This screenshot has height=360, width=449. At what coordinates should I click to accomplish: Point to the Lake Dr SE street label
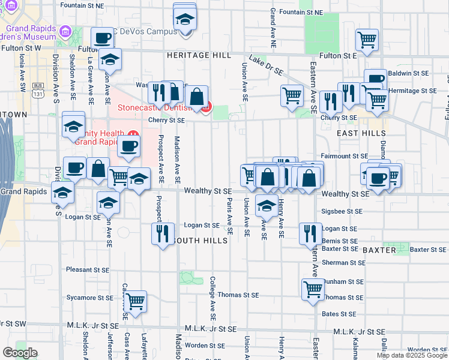click(x=267, y=66)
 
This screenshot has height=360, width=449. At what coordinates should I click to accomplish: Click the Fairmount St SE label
click(x=343, y=156)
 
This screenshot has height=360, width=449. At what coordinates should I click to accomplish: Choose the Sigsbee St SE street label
click(x=343, y=211)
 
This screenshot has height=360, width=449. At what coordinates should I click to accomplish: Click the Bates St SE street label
click(x=339, y=314)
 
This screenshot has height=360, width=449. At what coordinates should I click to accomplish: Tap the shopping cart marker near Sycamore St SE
click(x=136, y=301)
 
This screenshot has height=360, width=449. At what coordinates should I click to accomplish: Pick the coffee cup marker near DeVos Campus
click(x=103, y=39)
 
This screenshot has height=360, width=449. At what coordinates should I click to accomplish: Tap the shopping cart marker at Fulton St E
click(x=367, y=41)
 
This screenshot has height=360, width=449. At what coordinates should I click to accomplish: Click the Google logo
click(x=20, y=353)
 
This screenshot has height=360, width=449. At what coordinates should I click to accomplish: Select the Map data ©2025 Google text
click(x=412, y=355)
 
